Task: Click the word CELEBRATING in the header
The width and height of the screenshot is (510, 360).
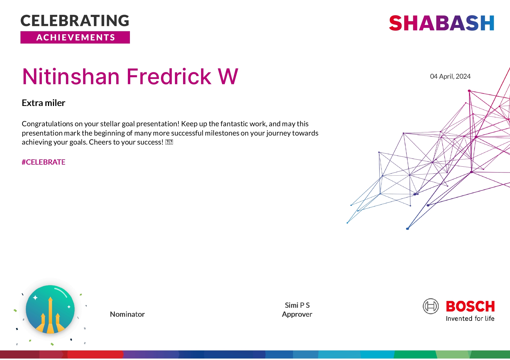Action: (x=75, y=21)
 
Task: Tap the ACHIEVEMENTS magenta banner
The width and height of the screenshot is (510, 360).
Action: (x=75, y=37)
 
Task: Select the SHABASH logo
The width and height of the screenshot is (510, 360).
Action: (x=441, y=23)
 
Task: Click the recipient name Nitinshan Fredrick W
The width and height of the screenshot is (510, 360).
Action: (x=130, y=77)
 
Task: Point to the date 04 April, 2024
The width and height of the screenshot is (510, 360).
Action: (x=450, y=76)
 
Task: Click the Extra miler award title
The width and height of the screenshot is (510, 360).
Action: (x=44, y=103)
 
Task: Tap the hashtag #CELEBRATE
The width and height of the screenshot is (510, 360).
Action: (x=44, y=162)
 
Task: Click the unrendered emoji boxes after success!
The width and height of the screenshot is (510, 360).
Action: (x=169, y=142)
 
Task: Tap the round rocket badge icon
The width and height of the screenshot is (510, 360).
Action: (x=50, y=309)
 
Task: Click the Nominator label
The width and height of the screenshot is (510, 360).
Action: (x=127, y=314)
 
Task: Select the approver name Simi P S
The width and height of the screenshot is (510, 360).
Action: (x=297, y=305)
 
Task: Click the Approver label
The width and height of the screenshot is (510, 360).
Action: (x=297, y=314)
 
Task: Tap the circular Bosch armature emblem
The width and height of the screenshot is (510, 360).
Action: (x=431, y=306)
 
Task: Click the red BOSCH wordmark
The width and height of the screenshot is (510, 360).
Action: (x=470, y=307)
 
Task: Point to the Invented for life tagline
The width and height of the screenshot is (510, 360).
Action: (x=470, y=319)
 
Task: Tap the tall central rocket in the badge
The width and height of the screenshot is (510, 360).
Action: (x=50, y=314)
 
